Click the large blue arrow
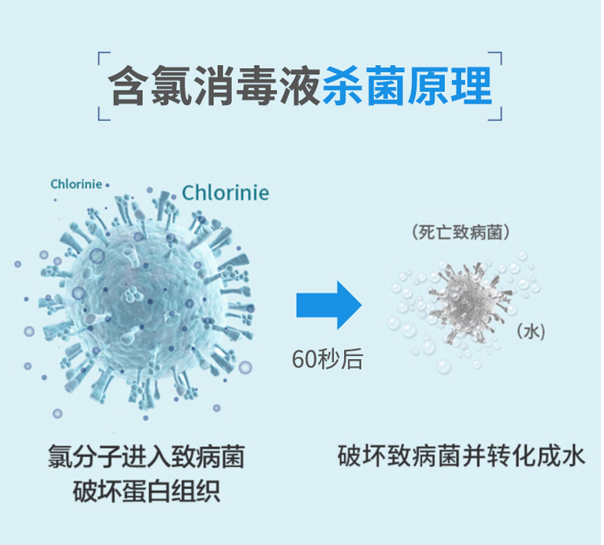[x=329, y=305]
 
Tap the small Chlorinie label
[x=76, y=184]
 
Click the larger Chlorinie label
[x=226, y=193]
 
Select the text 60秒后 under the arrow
[x=327, y=359]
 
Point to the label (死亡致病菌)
[x=461, y=232]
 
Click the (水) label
[x=531, y=331]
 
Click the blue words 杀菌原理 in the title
[x=408, y=86]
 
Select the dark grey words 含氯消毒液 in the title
[x=214, y=86]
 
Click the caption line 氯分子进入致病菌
[x=146, y=457]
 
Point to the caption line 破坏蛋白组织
[x=146, y=491]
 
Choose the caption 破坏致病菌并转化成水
[x=462, y=456]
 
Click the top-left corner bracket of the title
[x=104, y=58]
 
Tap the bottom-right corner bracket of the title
[x=495, y=114]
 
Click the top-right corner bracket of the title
[x=495, y=58]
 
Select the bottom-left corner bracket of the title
[x=104, y=114]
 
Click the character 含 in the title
[x=128, y=86]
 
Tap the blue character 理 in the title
[x=472, y=86]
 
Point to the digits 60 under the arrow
[x=304, y=360]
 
